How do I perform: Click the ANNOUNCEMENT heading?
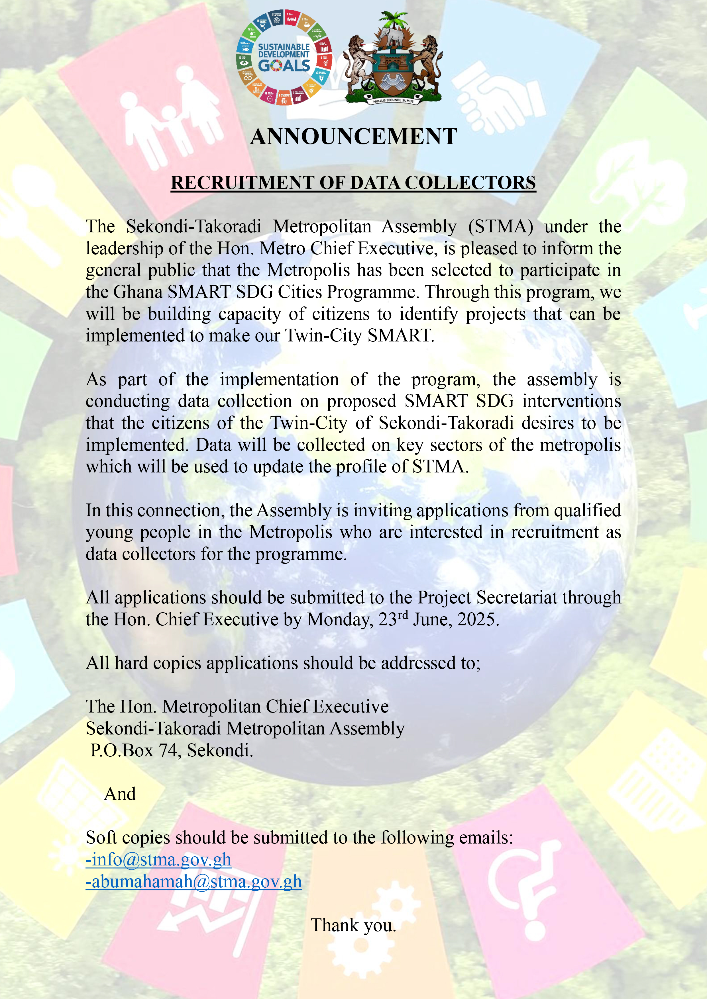tap(353, 137)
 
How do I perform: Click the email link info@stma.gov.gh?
tap(159, 860)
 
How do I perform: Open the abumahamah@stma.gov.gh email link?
tap(194, 881)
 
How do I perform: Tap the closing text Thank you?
tap(353, 925)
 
